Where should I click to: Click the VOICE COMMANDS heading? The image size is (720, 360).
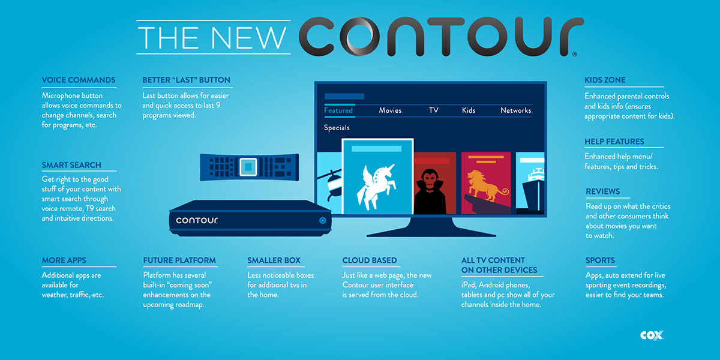coord(79,80)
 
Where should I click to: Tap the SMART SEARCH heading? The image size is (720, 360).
coord(71,165)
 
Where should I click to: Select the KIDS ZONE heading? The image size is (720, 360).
coord(605,80)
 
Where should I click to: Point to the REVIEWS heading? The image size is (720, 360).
coord(603,191)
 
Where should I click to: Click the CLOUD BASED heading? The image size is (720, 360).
coord(370,260)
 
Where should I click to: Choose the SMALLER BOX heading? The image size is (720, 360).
coord(274,260)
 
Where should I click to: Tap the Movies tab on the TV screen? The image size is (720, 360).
coord(390,110)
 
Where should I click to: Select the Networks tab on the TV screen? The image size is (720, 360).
coord(515,110)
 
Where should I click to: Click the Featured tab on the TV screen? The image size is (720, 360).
coord(338,110)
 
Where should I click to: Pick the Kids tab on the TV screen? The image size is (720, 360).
coord(469,110)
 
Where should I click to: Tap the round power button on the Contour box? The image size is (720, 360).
coord(322,220)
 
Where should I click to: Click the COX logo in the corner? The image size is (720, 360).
coord(651,335)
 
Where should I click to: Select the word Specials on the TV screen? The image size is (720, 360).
coord(337,128)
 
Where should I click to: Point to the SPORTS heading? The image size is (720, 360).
coord(600,260)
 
